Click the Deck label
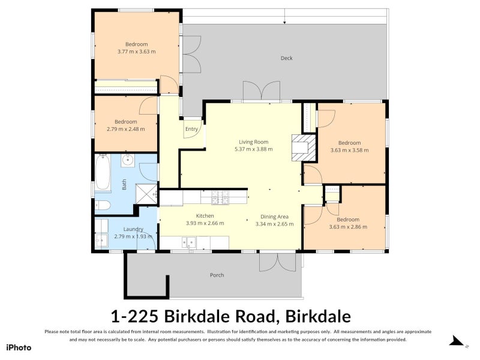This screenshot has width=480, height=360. [286, 58]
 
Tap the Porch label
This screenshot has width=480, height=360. [217, 275]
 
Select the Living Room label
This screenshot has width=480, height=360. [253, 142]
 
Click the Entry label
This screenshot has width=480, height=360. [191, 129]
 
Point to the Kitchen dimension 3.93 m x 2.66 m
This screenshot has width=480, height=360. [205, 223]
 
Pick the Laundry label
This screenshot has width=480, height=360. [133, 229]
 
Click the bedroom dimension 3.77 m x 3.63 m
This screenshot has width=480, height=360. [136, 52]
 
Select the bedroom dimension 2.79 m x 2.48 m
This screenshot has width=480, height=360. [126, 129]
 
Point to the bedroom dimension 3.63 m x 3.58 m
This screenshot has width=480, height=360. [349, 150]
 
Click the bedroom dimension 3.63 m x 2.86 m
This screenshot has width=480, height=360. [348, 227]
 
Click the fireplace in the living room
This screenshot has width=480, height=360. [302, 148]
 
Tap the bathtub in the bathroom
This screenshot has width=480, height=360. [101, 173]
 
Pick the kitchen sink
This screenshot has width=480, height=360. [190, 242]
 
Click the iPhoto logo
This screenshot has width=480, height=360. [19, 347]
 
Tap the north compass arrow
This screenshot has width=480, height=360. [458, 342]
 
